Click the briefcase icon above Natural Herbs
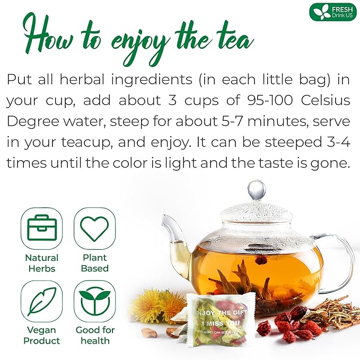coord(41,229)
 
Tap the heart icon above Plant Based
coord(94,229)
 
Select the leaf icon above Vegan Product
coord(41,301)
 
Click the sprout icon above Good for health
coord(94,301)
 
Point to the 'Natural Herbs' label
coord(41,263)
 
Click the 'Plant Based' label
coord(94,263)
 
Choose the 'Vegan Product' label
coord(41,335)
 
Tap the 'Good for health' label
coord(94,335)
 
